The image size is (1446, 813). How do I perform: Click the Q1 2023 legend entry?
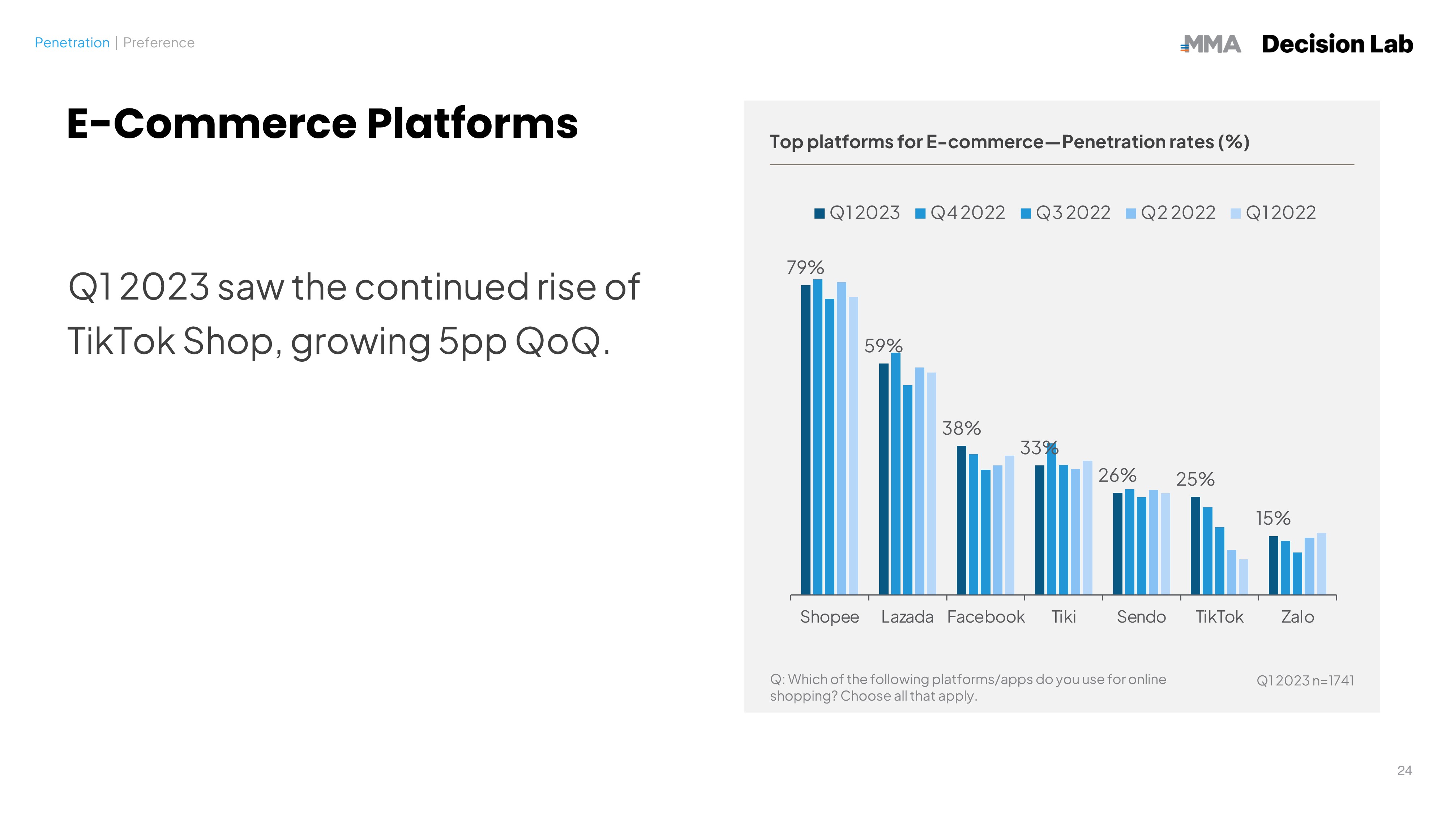857,213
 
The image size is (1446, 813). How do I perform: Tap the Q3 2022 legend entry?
1065,213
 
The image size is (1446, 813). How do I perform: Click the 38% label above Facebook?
961,429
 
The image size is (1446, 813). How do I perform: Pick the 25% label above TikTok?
1195,479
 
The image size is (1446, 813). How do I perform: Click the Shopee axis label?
829,617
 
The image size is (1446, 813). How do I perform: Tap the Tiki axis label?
1063,617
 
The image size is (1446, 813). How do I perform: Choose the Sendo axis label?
1141,617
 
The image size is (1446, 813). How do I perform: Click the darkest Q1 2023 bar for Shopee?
805,440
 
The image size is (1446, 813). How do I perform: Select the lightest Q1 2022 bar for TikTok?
1243,577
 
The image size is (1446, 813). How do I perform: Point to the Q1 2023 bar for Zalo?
1273,565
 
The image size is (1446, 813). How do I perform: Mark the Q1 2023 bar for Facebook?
962,520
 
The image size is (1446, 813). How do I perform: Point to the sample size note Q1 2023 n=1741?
1305,681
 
